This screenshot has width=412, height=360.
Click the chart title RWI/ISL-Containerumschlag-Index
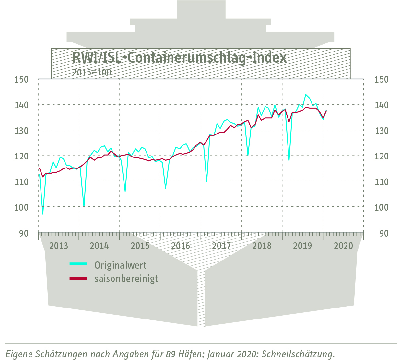[x=179, y=58]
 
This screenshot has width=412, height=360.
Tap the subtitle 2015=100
[x=92, y=72]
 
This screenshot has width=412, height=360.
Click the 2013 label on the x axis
[x=59, y=246]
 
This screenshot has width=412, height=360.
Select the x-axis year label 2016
[x=181, y=246]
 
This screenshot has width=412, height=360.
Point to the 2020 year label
[x=343, y=246]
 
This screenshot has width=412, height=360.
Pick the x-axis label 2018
[x=262, y=246]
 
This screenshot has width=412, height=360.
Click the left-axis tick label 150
[x=22, y=79]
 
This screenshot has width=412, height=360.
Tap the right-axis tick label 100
[x=381, y=207]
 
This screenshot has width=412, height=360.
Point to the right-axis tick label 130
[x=381, y=131]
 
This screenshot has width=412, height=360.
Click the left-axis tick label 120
[x=22, y=156]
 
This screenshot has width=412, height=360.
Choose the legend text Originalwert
[x=120, y=265]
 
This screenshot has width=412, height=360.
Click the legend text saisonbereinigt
[x=126, y=279]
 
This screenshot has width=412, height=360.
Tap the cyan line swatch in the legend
[x=78, y=264]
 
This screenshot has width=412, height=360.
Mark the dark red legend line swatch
[x=78, y=278]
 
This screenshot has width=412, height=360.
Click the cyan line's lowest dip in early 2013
[x=43, y=214]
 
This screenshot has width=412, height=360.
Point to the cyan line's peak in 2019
[x=306, y=95]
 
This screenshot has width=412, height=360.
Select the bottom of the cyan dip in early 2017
[x=207, y=181]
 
